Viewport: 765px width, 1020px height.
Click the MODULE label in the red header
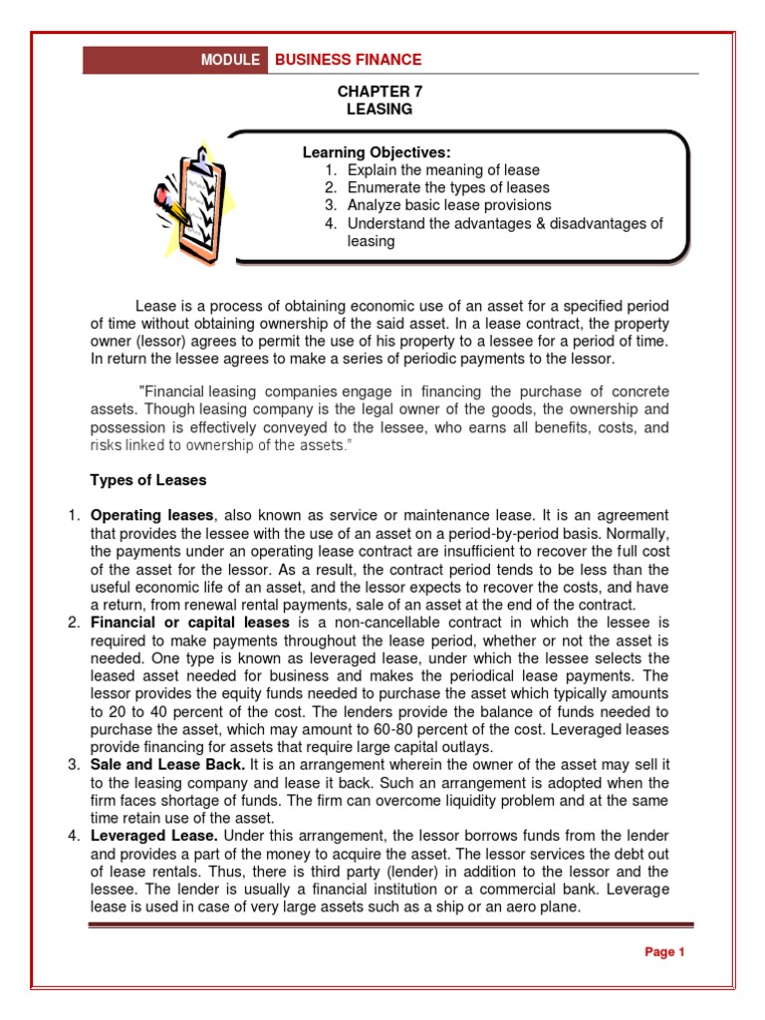coord(230,60)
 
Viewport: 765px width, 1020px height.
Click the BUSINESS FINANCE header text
coord(348,60)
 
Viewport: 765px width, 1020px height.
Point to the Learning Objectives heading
coord(377,152)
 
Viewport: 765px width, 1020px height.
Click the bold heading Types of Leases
coord(148,480)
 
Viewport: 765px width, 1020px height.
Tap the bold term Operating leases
coord(151,515)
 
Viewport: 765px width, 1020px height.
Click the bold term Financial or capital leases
coord(189,623)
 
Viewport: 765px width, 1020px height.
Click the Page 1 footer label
coord(665,952)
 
